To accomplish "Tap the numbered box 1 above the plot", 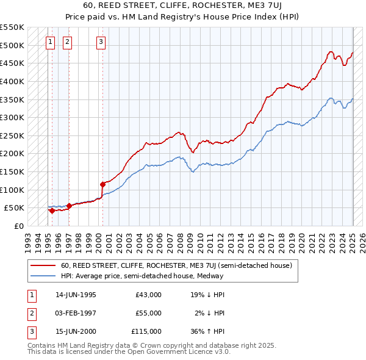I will click(x=49, y=42).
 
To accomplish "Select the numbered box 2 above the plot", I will click(x=67, y=42).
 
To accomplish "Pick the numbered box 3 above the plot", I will click(x=101, y=42).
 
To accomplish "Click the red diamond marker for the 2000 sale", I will click(x=102, y=184).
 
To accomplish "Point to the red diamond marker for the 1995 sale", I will click(x=52, y=211).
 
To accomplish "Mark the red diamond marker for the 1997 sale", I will click(x=69, y=206).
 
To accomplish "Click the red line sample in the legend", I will click(x=43, y=265).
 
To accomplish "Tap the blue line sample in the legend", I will click(x=43, y=276).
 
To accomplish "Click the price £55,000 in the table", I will click(x=148, y=313).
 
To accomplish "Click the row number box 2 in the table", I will click(x=31, y=313).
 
